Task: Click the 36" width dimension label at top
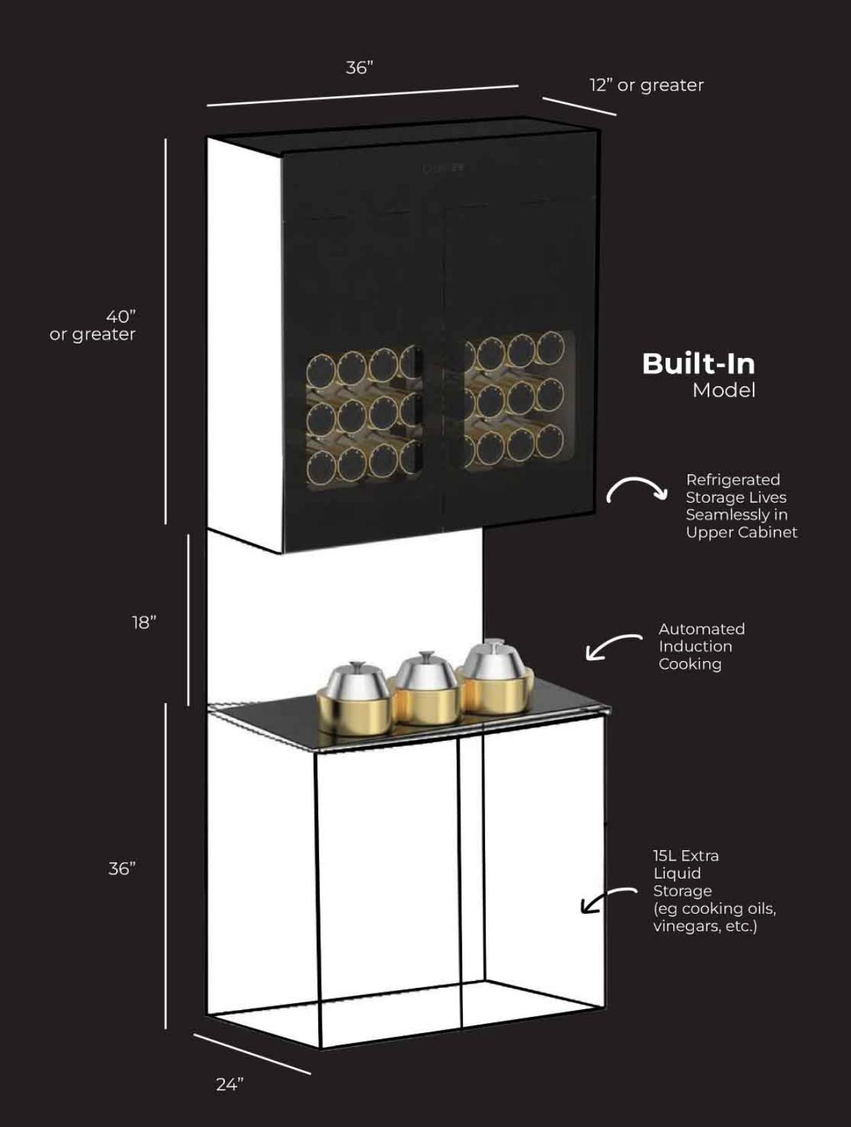(x=359, y=67)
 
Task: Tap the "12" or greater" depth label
(x=646, y=85)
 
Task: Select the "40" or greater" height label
(x=93, y=325)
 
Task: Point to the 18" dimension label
(x=144, y=622)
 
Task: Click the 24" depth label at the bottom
(x=230, y=1084)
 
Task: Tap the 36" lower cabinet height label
(x=122, y=868)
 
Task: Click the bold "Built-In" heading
(x=698, y=364)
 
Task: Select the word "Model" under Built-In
(x=724, y=390)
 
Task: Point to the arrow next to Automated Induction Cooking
(x=612, y=647)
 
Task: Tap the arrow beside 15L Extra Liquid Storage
(x=607, y=899)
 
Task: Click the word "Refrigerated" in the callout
(x=733, y=480)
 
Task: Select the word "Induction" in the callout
(x=695, y=647)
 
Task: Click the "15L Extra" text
(x=686, y=856)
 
